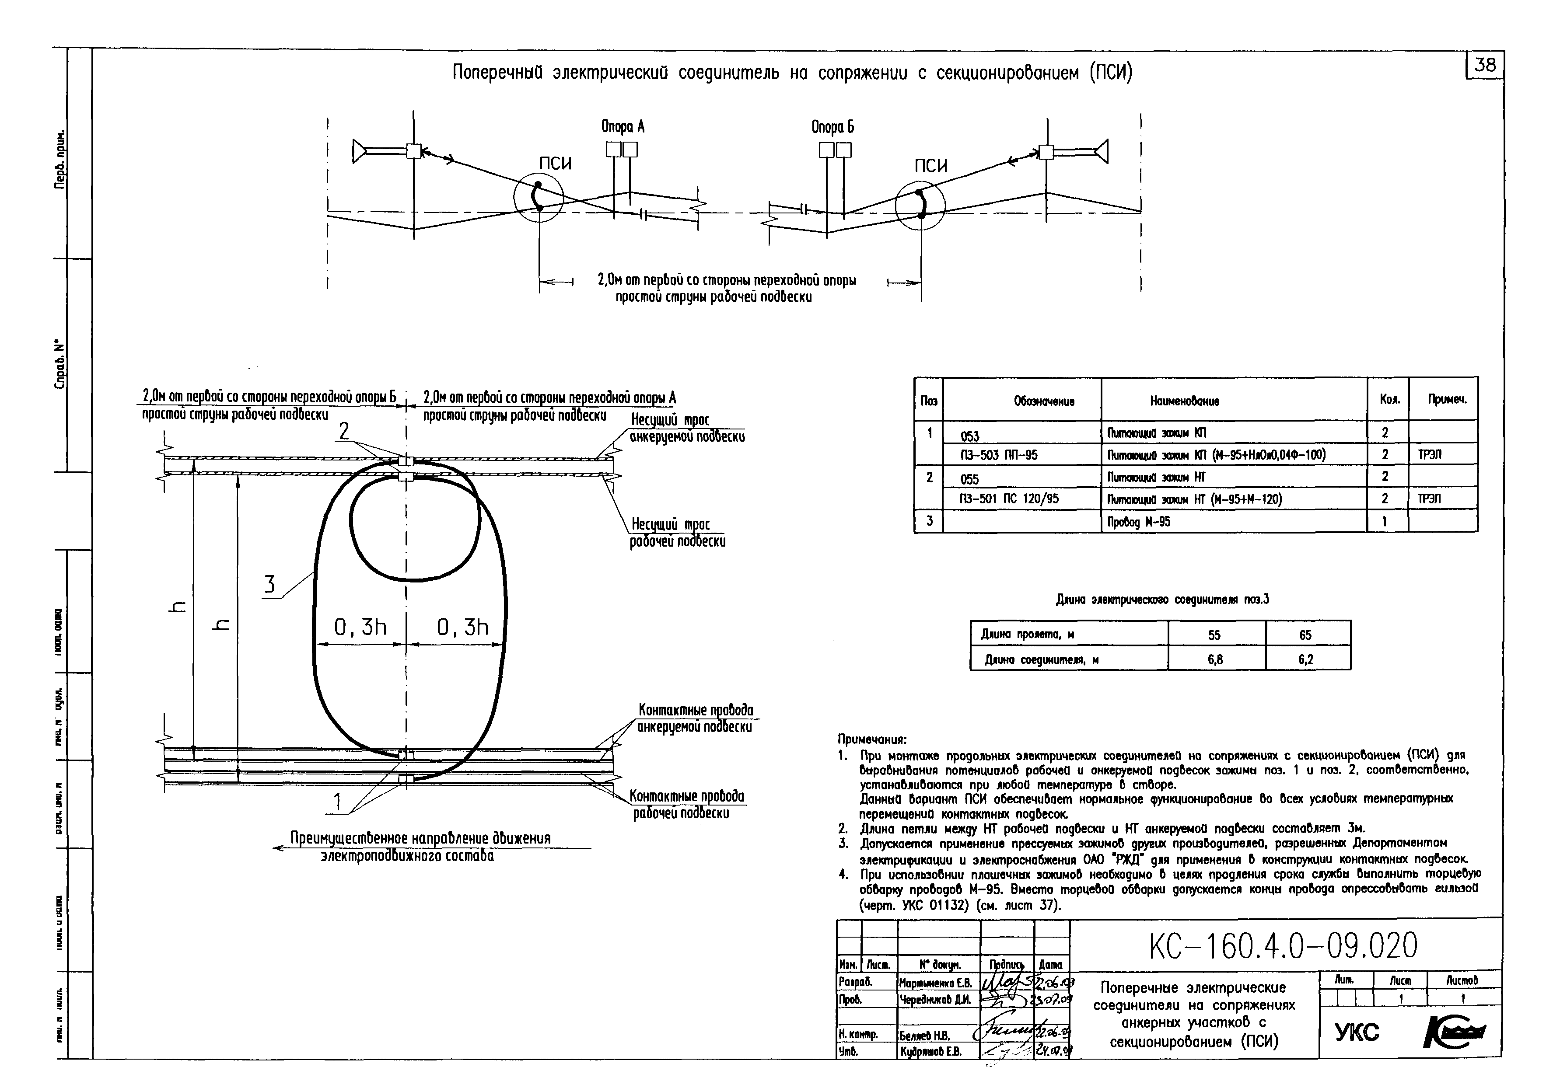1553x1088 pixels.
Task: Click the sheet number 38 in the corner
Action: point(1485,66)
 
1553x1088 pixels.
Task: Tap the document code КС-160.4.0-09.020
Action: point(1283,947)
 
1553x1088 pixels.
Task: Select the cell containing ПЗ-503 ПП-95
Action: point(999,455)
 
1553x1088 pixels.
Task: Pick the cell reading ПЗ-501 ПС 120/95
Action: point(1009,499)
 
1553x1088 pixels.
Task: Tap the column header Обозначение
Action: point(1044,401)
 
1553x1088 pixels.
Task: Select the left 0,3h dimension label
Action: point(360,628)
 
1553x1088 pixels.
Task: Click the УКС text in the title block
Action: point(1356,1032)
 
